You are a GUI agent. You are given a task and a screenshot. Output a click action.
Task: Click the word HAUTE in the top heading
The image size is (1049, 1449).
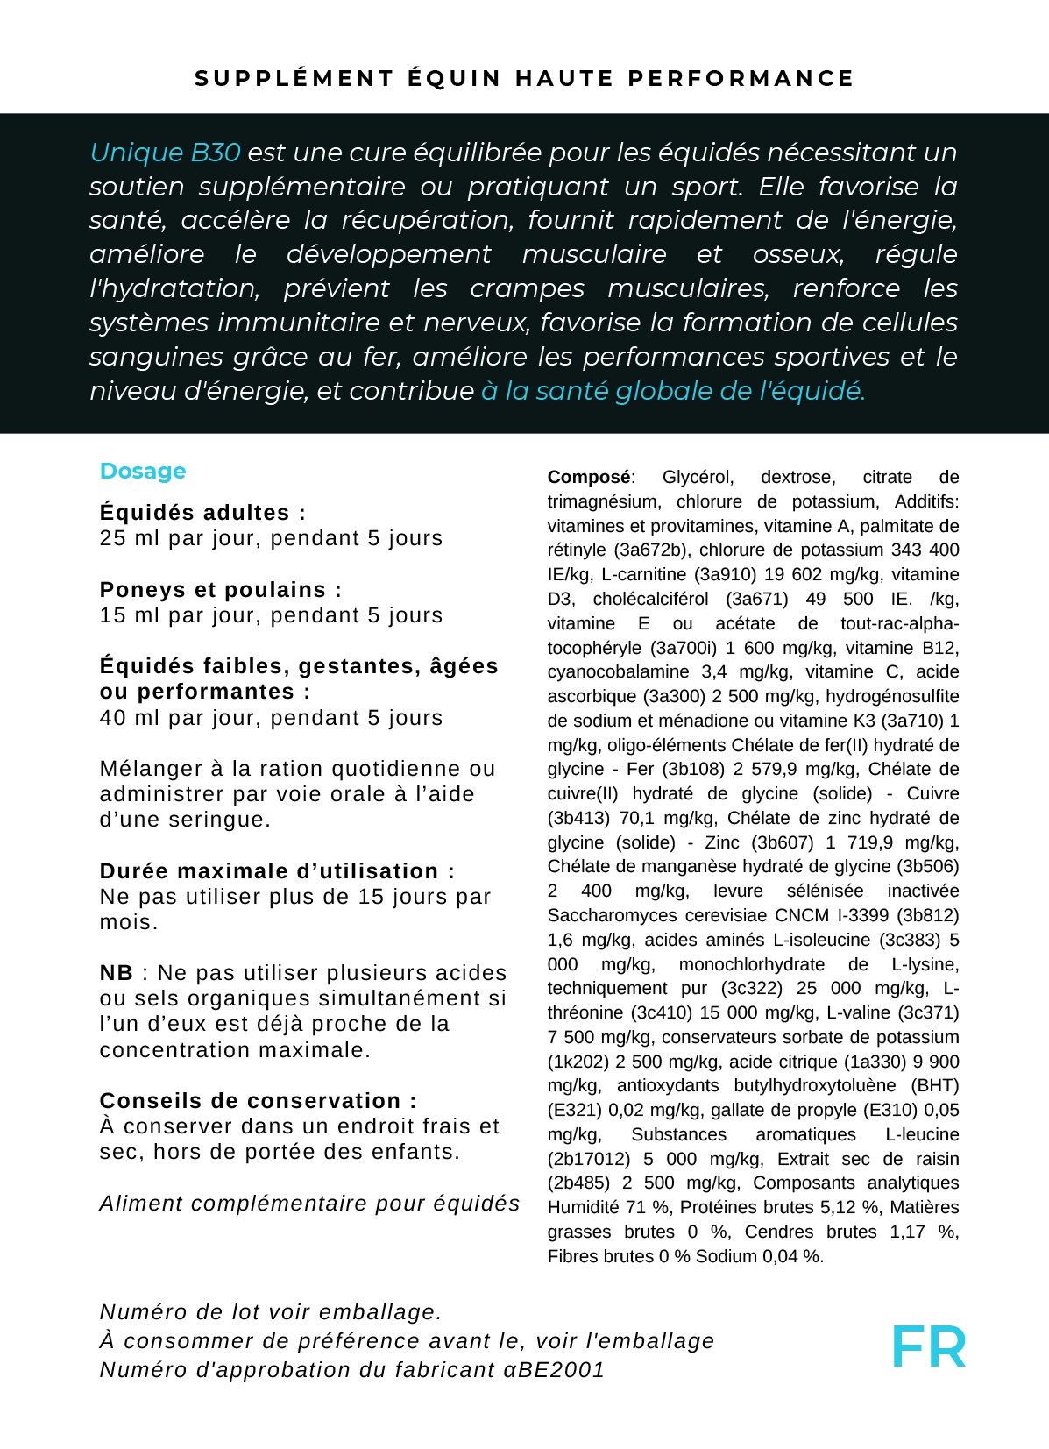click(x=564, y=79)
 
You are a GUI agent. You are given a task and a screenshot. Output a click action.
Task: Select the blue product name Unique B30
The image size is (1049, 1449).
click(x=165, y=153)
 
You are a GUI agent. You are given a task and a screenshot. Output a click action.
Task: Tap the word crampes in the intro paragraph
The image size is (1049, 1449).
click(x=527, y=288)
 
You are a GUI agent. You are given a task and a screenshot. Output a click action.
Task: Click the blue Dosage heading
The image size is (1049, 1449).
click(x=143, y=472)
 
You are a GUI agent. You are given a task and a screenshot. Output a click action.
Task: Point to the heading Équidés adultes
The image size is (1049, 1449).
click(x=202, y=513)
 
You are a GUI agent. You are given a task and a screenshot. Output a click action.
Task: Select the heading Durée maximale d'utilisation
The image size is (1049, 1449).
click(x=277, y=871)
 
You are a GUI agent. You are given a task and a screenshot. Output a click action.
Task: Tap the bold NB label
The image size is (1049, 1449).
click(x=116, y=973)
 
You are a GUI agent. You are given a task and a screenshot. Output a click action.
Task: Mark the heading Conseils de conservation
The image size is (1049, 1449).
click(x=258, y=1101)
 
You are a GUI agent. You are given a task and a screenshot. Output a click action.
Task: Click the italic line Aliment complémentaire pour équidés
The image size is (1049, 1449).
click(x=309, y=1204)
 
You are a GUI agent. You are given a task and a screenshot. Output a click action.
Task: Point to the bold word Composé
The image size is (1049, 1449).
click(x=588, y=478)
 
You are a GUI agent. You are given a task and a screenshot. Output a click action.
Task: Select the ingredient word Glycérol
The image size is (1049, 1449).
click(x=698, y=478)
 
